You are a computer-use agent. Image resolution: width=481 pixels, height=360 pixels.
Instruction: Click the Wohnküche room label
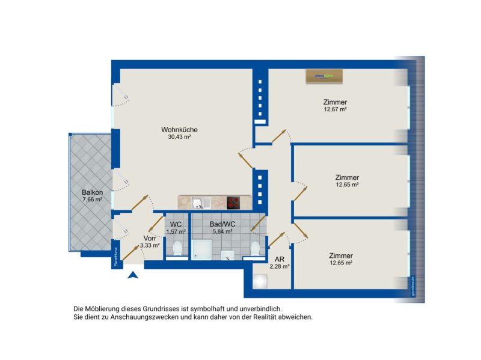[179, 129]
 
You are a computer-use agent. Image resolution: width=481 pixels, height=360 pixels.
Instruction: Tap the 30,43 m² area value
[179, 137]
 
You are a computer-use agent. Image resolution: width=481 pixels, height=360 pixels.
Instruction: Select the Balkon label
[93, 192]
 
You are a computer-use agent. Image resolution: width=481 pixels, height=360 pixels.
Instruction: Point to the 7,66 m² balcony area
[93, 200]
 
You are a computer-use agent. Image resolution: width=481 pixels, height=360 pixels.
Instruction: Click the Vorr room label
[150, 237]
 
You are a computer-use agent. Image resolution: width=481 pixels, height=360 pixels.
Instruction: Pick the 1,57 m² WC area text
[176, 231]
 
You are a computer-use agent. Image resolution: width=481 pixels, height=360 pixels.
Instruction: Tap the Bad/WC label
[222, 224]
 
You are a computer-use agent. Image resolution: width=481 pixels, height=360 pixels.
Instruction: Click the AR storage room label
[280, 259]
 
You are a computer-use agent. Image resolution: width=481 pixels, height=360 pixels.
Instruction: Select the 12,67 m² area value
[335, 109]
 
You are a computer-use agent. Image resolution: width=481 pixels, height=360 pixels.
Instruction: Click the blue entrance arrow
[133, 275]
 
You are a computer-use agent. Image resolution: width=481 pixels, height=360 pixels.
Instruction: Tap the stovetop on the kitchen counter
[234, 202]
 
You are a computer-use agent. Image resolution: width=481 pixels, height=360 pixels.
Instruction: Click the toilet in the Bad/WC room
[256, 248]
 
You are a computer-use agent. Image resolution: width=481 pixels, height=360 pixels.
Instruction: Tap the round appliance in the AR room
[261, 281]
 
